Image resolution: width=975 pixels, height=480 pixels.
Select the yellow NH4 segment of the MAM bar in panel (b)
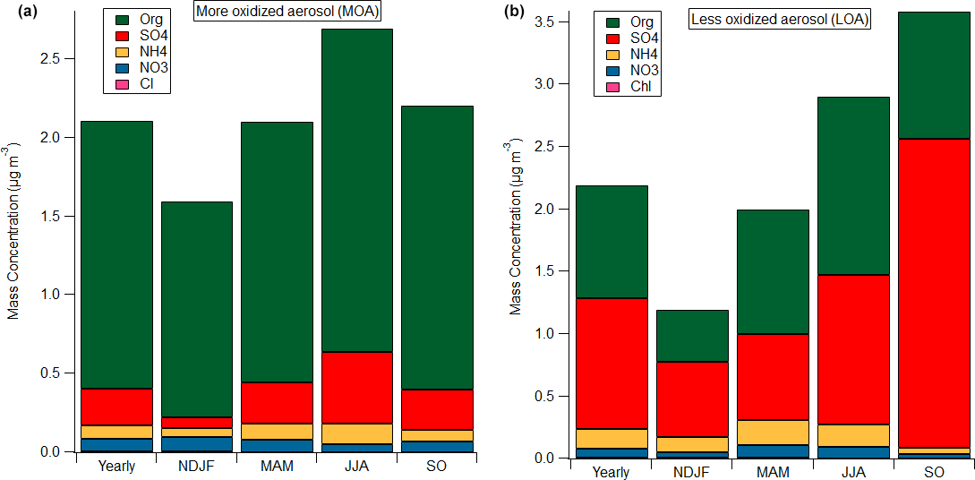point(773,432)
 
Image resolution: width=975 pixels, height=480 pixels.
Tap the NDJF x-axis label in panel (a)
point(195,466)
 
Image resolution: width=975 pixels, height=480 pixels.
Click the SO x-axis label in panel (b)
point(933,472)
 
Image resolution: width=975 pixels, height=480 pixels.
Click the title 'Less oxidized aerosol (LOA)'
point(780,18)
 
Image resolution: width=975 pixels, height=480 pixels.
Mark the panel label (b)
point(514,12)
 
